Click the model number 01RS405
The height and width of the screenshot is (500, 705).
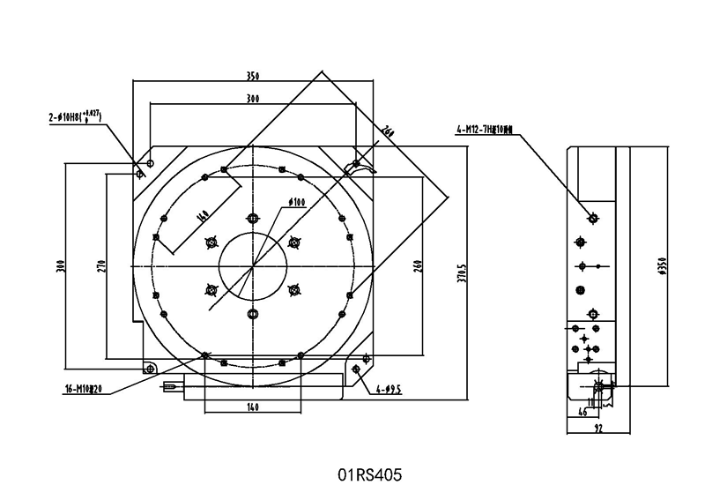point(369,475)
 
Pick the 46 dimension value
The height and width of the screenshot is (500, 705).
point(582,412)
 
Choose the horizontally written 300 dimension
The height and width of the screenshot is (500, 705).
point(253,98)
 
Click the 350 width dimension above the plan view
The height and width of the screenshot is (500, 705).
point(253,74)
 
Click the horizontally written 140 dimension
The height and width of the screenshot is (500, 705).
point(252,407)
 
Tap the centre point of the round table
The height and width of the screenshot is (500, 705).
point(253,266)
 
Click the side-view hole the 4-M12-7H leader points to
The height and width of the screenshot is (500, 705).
point(593,217)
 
